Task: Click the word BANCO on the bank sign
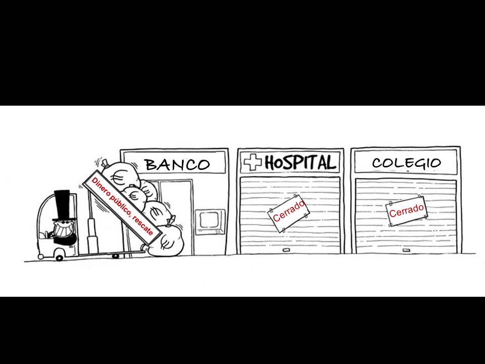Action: click(x=177, y=164)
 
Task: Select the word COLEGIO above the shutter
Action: click(x=406, y=163)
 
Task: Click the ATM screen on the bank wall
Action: click(x=209, y=220)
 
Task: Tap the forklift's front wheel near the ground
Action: click(x=60, y=258)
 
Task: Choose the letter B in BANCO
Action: click(x=151, y=164)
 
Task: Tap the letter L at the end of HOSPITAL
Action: click(x=329, y=162)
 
